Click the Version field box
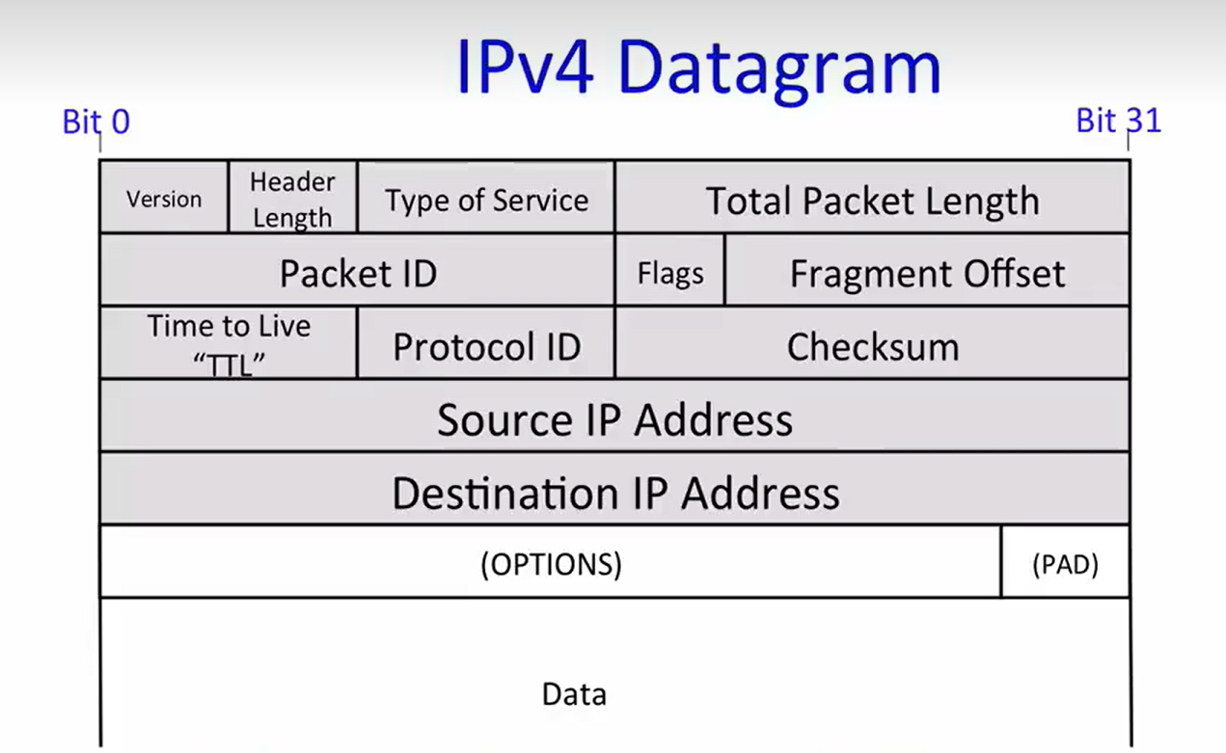[x=164, y=198]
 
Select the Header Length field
[x=292, y=198]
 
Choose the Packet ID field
[x=358, y=273]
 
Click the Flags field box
[x=669, y=273]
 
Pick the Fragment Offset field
[x=927, y=273]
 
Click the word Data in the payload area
[x=574, y=694]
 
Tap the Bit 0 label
[x=95, y=122]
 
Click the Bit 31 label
[x=1118, y=121]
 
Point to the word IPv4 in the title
[x=524, y=67]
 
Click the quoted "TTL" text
[x=229, y=364]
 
